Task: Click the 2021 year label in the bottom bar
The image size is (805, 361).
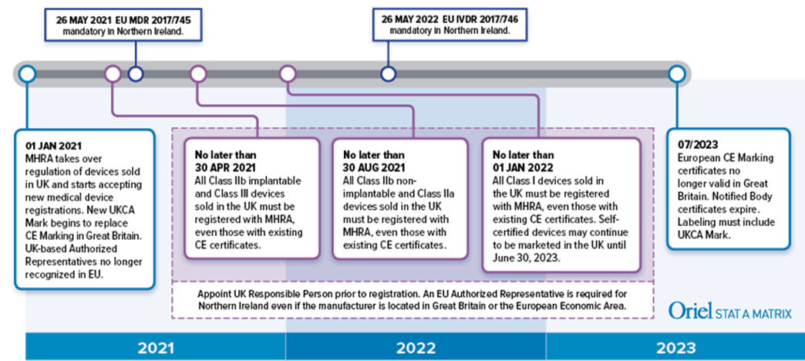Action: pyautogui.click(x=156, y=348)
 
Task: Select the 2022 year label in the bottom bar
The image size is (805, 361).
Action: pyautogui.click(x=416, y=348)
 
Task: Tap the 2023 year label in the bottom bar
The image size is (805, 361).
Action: pyautogui.click(x=675, y=348)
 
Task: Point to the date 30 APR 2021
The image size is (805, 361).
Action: pyautogui.click(x=225, y=167)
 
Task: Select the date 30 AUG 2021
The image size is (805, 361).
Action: pyautogui.click(x=374, y=167)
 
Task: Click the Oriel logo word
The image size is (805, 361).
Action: pyautogui.click(x=690, y=311)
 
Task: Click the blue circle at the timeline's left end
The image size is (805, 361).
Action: pyautogui.click(x=27, y=74)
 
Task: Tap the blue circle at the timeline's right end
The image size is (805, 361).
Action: pyautogui.click(x=677, y=74)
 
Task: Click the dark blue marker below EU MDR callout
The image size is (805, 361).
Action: pyautogui.click(x=136, y=74)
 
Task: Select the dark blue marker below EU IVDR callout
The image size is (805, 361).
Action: pyautogui.click(x=388, y=74)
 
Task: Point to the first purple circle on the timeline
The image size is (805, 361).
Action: pyautogui.click(x=113, y=74)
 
